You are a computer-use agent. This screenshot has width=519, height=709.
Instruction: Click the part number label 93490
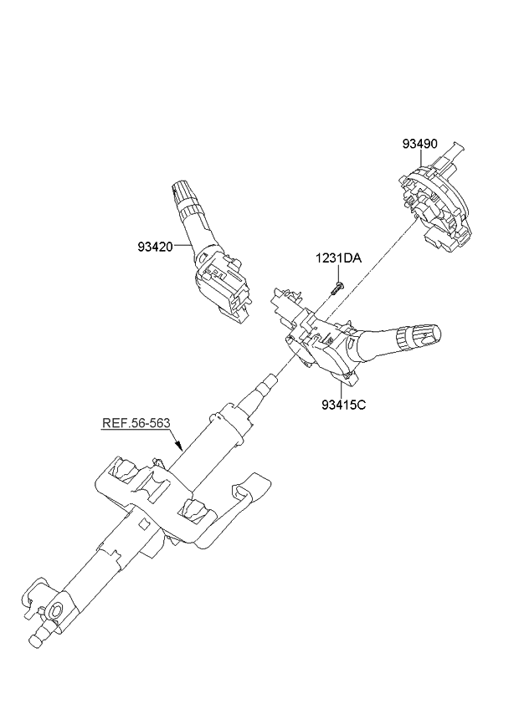419,144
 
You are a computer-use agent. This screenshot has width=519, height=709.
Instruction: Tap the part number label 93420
156,247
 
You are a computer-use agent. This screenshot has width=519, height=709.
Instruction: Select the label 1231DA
338,259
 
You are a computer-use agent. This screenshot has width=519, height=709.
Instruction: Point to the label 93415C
344,406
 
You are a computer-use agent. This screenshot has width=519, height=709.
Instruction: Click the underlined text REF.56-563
136,423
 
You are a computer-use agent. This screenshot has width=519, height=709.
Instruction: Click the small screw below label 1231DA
336,288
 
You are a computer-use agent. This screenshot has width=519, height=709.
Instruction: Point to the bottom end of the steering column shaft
37,640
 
